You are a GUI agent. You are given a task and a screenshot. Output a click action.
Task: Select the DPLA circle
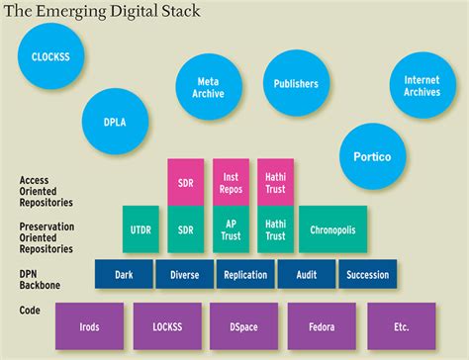117,123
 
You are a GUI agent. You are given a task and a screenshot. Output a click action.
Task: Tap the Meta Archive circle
209,87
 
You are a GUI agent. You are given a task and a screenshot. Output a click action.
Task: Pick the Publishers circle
296,85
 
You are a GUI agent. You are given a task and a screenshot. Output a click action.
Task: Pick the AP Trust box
231,229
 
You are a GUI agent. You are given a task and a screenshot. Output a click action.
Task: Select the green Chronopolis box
332,229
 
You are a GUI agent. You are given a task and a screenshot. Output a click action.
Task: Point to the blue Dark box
124,275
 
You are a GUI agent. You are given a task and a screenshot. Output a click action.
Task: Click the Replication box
246,275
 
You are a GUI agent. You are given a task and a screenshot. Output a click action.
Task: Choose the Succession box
368,275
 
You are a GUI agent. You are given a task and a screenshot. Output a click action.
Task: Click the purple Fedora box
323,326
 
